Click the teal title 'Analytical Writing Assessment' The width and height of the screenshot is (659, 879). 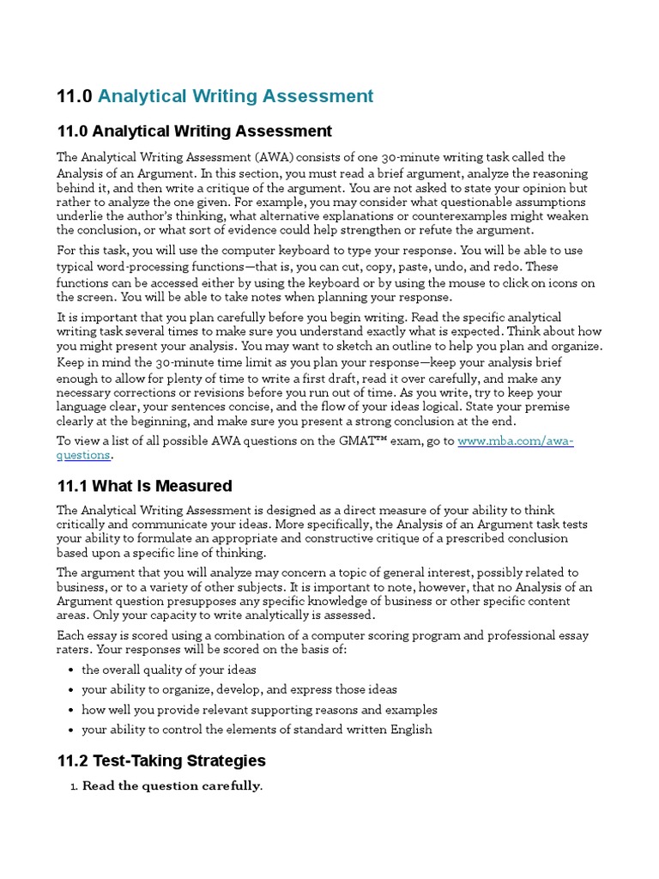(236, 96)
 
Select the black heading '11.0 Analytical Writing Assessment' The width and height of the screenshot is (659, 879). (194, 131)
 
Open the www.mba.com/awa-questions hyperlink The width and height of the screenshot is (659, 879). (515, 441)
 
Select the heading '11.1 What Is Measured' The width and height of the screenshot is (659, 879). (144, 486)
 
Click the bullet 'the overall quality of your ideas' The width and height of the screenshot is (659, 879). (169, 670)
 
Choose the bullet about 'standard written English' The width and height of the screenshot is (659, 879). (257, 730)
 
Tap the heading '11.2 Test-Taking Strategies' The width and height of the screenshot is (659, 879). (161, 761)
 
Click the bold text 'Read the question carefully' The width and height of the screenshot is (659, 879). (172, 785)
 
